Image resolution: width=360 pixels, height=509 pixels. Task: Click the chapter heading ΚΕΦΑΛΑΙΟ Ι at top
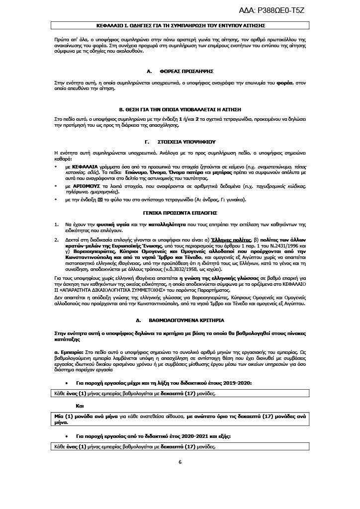(x=180, y=24)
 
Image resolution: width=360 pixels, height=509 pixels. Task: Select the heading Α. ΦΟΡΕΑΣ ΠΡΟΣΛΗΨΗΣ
(x=180, y=72)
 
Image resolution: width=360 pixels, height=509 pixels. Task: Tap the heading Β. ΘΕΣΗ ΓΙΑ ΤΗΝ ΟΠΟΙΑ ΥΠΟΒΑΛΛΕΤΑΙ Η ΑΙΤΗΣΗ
(x=180, y=108)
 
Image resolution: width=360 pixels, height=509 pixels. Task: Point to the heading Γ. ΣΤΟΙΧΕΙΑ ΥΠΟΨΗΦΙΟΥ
(x=180, y=141)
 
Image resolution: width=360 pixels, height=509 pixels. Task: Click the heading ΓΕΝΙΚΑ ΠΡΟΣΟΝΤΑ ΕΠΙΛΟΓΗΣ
(x=180, y=212)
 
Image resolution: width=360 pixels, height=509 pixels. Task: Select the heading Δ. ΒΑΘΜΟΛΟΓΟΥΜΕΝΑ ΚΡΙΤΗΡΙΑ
(x=180, y=321)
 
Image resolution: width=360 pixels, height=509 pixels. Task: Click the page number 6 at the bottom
(x=180, y=462)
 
